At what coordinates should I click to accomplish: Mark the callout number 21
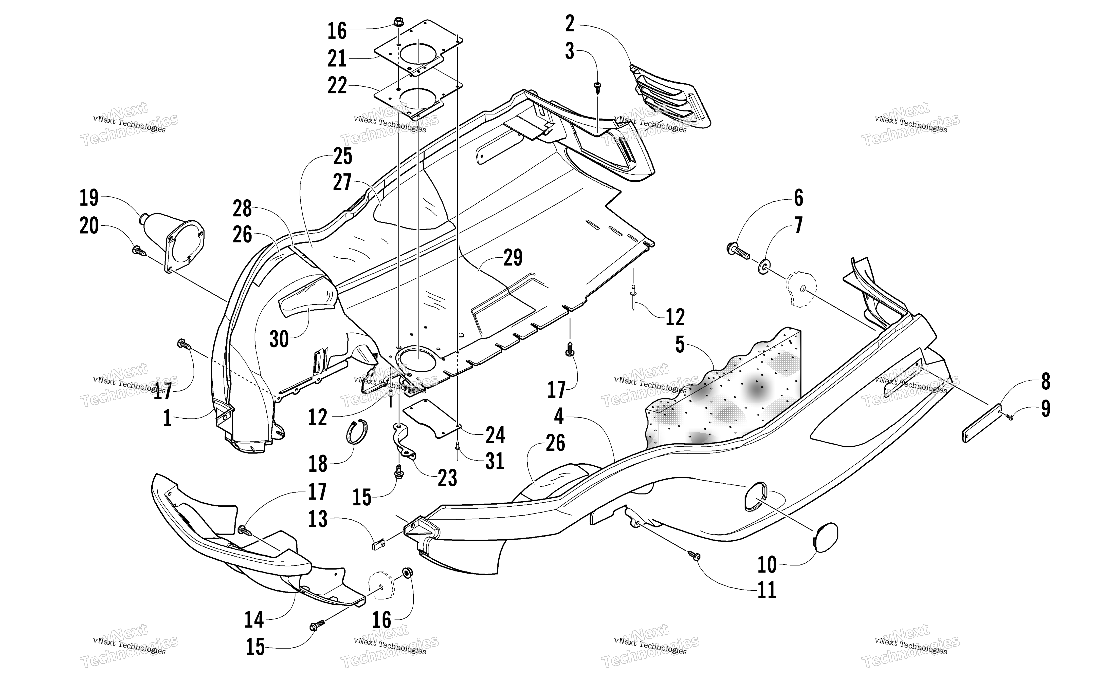[x=337, y=58]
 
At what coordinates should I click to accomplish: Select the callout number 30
[x=279, y=339]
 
